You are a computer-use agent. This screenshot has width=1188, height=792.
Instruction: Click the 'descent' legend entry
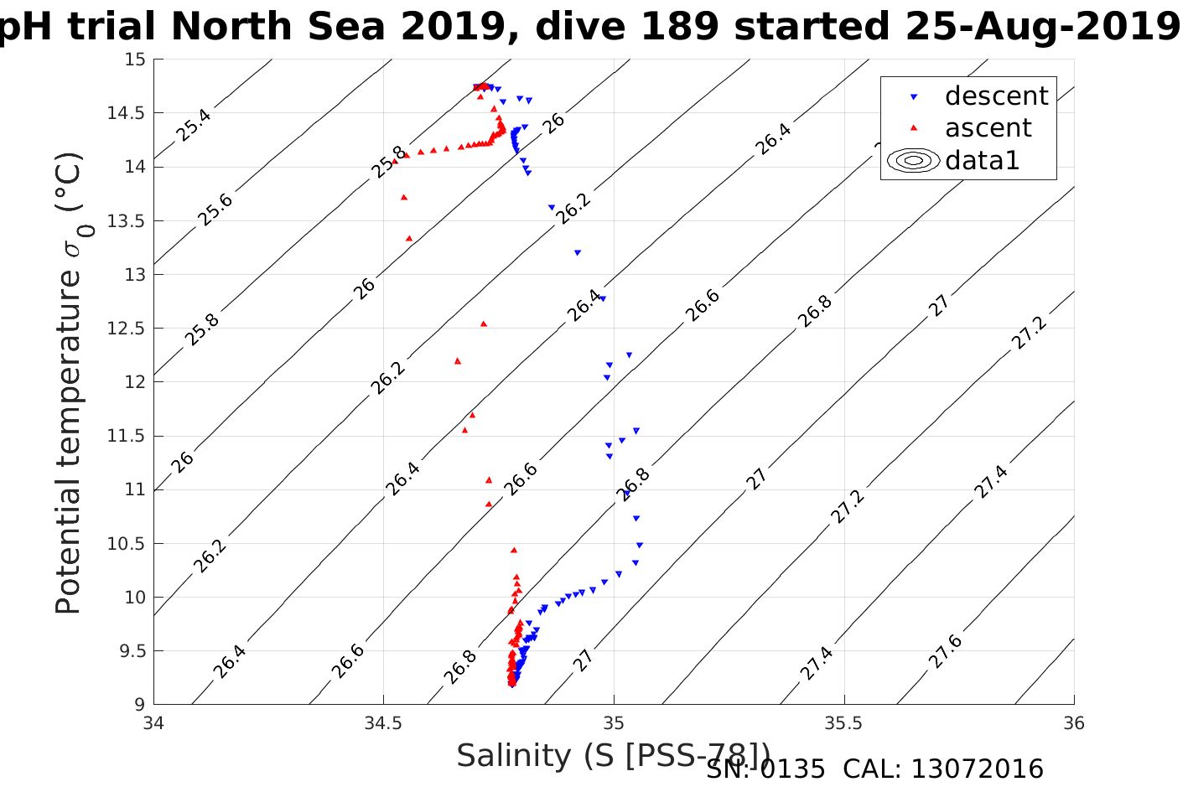(x=995, y=96)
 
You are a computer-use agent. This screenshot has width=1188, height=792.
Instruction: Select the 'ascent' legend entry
(x=988, y=128)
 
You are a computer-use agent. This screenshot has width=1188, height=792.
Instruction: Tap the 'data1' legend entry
(x=982, y=160)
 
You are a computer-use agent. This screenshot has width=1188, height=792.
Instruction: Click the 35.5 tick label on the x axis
(x=843, y=723)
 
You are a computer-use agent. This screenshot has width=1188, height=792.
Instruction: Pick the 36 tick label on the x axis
(x=1073, y=723)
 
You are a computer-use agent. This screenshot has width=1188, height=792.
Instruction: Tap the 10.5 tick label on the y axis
(x=127, y=544)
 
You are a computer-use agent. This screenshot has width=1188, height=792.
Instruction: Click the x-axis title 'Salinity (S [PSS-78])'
(x=612, y=756)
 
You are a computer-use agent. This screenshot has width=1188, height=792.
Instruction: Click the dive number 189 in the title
(x=681, y=28)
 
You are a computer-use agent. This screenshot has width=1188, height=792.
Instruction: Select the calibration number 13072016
(x=977, y=769)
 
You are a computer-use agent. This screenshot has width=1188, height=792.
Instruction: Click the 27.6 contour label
(x=945, y=652)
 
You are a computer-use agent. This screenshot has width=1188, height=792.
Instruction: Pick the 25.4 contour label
(x=194, y=125)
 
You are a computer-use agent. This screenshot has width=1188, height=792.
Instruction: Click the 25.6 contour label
(x=215, y=210)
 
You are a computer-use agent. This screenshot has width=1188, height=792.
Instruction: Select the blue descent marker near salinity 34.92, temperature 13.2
(x=577, y=252)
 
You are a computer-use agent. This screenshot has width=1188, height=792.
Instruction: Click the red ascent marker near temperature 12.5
(x=483, y=324)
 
